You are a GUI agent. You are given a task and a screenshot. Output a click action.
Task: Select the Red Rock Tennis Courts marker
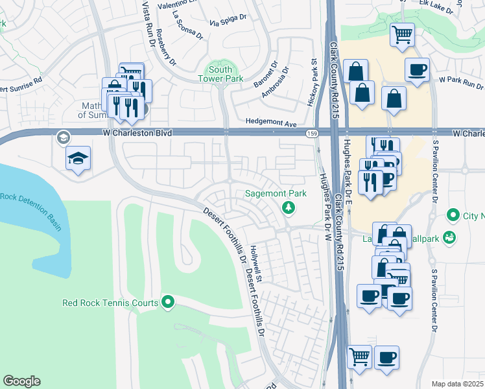click(169, 302)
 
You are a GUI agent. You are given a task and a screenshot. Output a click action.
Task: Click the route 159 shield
click(312, 133)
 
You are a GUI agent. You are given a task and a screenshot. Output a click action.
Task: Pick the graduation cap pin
click(78, 159)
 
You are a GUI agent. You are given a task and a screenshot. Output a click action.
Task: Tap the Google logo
click(21, 381)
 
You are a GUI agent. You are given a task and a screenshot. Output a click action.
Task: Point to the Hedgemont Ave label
click(270, 123)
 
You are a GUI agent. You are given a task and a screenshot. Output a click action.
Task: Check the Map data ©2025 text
click(457, 384)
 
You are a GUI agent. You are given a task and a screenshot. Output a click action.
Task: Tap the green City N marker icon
click(453, 215)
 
